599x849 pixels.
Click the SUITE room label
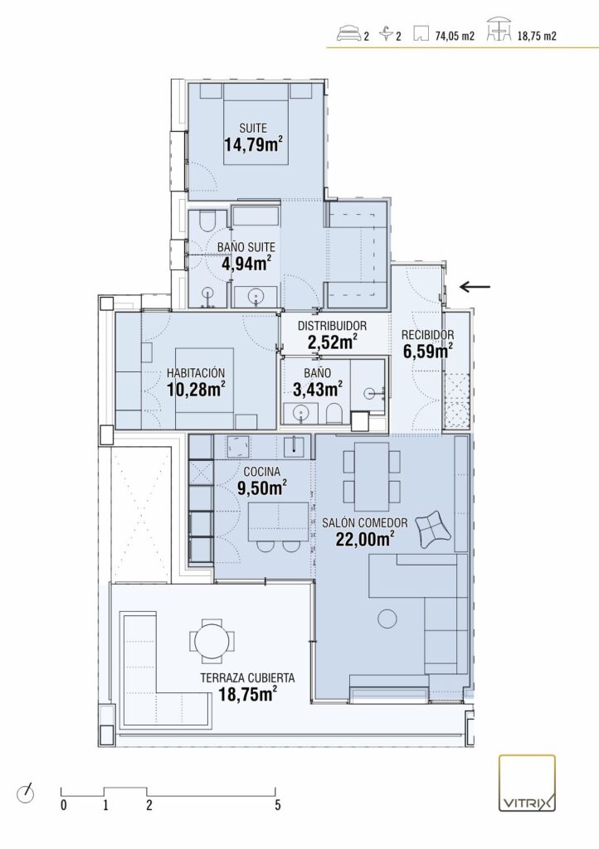(x=253, y=129)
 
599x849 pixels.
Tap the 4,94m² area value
(x=246, y=263)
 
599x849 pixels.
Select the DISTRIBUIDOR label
(x=332, y=326)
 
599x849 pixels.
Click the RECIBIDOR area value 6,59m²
(x=428, y=351)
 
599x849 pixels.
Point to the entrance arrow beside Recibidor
(x=475, y=287)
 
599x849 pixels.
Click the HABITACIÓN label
(x=196, y=373)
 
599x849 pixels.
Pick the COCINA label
(x=261, y=472)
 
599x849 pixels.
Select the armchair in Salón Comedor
(x=433, y=528)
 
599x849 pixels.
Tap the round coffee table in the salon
(x=387, y=619)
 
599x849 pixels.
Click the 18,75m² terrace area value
(x=248, y=694)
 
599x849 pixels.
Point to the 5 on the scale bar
(x=278, y=805)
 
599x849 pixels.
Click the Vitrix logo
(x=527, y=783)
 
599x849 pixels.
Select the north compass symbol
(x=26, y=793)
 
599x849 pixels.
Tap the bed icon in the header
(x=348, y=35)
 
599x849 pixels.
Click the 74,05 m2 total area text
(x=455, y=36)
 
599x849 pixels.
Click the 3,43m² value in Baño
(x=318, y=389)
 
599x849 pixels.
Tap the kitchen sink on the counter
(x=295, y=445)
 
